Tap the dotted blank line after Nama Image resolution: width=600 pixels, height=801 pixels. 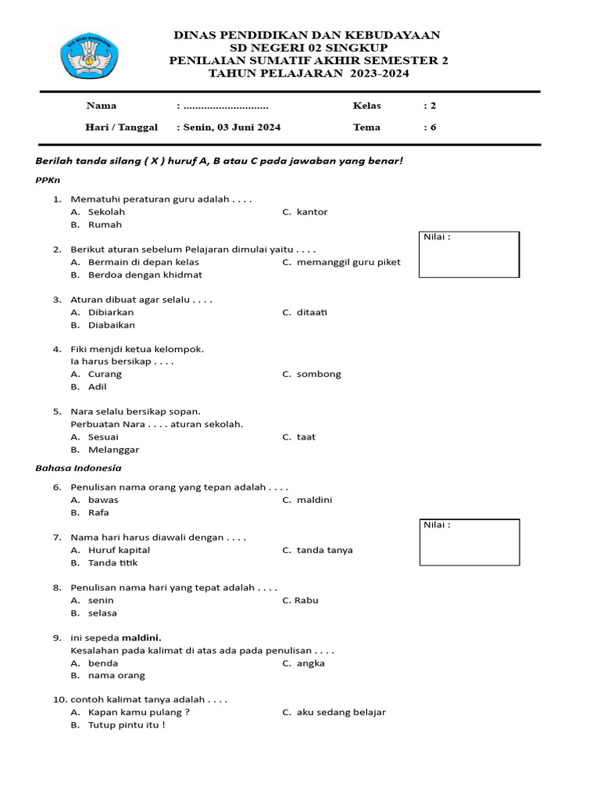click(225, 106)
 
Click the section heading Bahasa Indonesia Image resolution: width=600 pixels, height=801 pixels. click(78, 469)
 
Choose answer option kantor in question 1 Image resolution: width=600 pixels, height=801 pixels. click(312, 212)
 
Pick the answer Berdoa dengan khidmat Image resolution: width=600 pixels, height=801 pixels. click(145, 275)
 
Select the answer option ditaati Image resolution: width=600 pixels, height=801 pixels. click(312, 312)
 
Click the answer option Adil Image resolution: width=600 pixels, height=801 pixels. click(98, 386)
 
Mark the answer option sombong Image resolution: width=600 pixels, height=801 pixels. click(319, 374)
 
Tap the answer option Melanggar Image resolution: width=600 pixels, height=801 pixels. click(114, 450)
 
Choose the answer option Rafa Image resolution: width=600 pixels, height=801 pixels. click(98, 512)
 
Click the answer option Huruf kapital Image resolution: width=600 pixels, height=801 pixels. click(119, 550)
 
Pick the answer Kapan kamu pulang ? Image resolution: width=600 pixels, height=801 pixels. click(139, 713)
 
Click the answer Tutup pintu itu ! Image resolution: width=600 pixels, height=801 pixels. click(127, 725)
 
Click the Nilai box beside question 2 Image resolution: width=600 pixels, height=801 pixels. click(469, 254)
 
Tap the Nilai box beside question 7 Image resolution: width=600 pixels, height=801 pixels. click(469, 542)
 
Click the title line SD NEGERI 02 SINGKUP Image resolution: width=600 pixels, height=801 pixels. click(308, 48)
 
